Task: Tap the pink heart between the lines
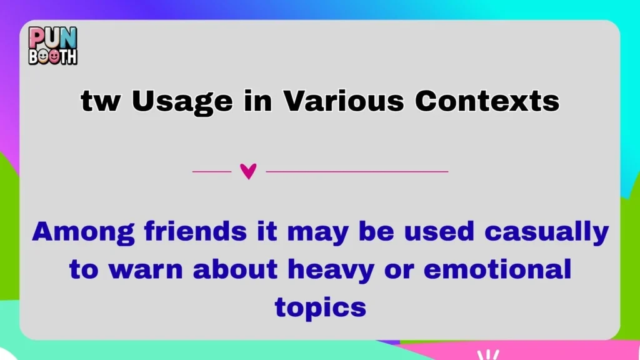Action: coord(248,171)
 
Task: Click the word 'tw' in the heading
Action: coord(100,101)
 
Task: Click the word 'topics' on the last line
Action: coord(319,307)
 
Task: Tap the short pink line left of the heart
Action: coord(211,171)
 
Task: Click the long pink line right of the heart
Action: coord(357,171)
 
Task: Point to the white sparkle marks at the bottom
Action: coord(487,354)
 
